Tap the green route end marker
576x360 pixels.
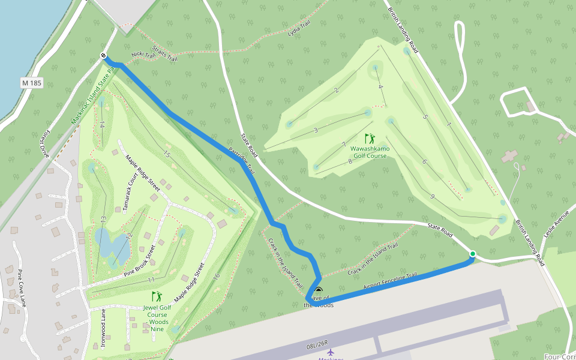coord(472,254)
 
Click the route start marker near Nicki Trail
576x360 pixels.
coord(104,56)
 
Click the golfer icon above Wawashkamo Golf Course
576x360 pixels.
coord(370,139)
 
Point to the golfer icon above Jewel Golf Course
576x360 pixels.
coord(157,296)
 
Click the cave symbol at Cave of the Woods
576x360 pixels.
coord(318,291)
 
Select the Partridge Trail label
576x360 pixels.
coord(242,161)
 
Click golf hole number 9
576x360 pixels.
coord(432,196)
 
